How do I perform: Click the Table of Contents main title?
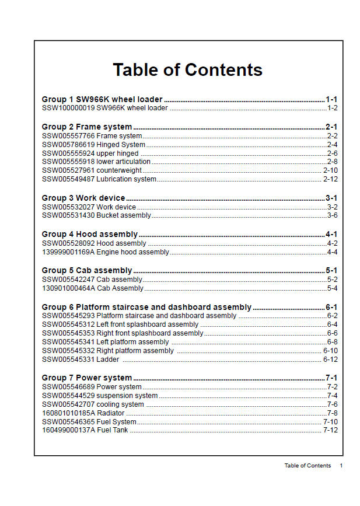point(187,70)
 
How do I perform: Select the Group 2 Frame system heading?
point(87,127)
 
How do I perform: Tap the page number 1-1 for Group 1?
point(331,99)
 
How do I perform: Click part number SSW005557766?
point(68,136)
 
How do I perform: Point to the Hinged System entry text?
point(121,145)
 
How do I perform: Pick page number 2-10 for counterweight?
point(330,170)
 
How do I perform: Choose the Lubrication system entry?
point(127,179)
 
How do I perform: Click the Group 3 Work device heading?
point(84,198)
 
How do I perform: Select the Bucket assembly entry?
point(124,215)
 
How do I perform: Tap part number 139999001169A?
point(68,252)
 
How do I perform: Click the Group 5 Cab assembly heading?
point(87,270)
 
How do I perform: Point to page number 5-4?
point(332,288)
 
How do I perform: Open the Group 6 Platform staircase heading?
point(146,307)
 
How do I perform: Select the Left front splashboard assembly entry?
point(148,324)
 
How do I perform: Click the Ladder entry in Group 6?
point(108,360)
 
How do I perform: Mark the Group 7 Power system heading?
point(87,378)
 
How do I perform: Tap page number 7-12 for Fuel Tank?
point(330,430)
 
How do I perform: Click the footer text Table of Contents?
point(307,466)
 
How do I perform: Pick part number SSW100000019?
point(68,108)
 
